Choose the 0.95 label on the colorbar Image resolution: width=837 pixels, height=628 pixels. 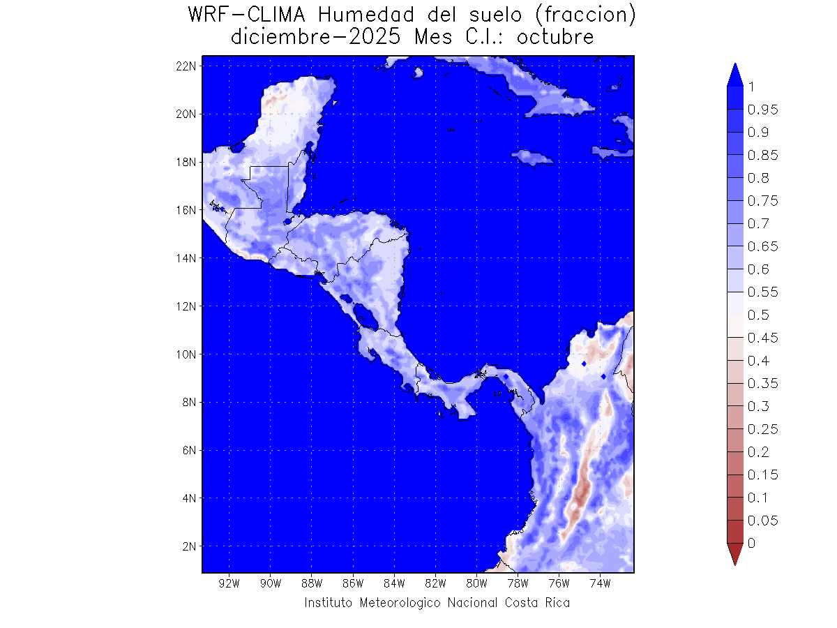tap(763, 110)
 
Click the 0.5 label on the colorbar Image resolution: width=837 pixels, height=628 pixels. tap(758, 315)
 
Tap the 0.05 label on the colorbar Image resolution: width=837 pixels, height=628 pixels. tap(763, 521)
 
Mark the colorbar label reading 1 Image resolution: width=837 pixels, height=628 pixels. tap(751, 87)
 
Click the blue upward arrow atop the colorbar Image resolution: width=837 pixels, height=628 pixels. tap(734, 75)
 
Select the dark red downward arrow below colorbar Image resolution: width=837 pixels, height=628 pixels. tap(734, 554)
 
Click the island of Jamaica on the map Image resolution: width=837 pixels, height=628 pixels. tap(531, 158)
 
